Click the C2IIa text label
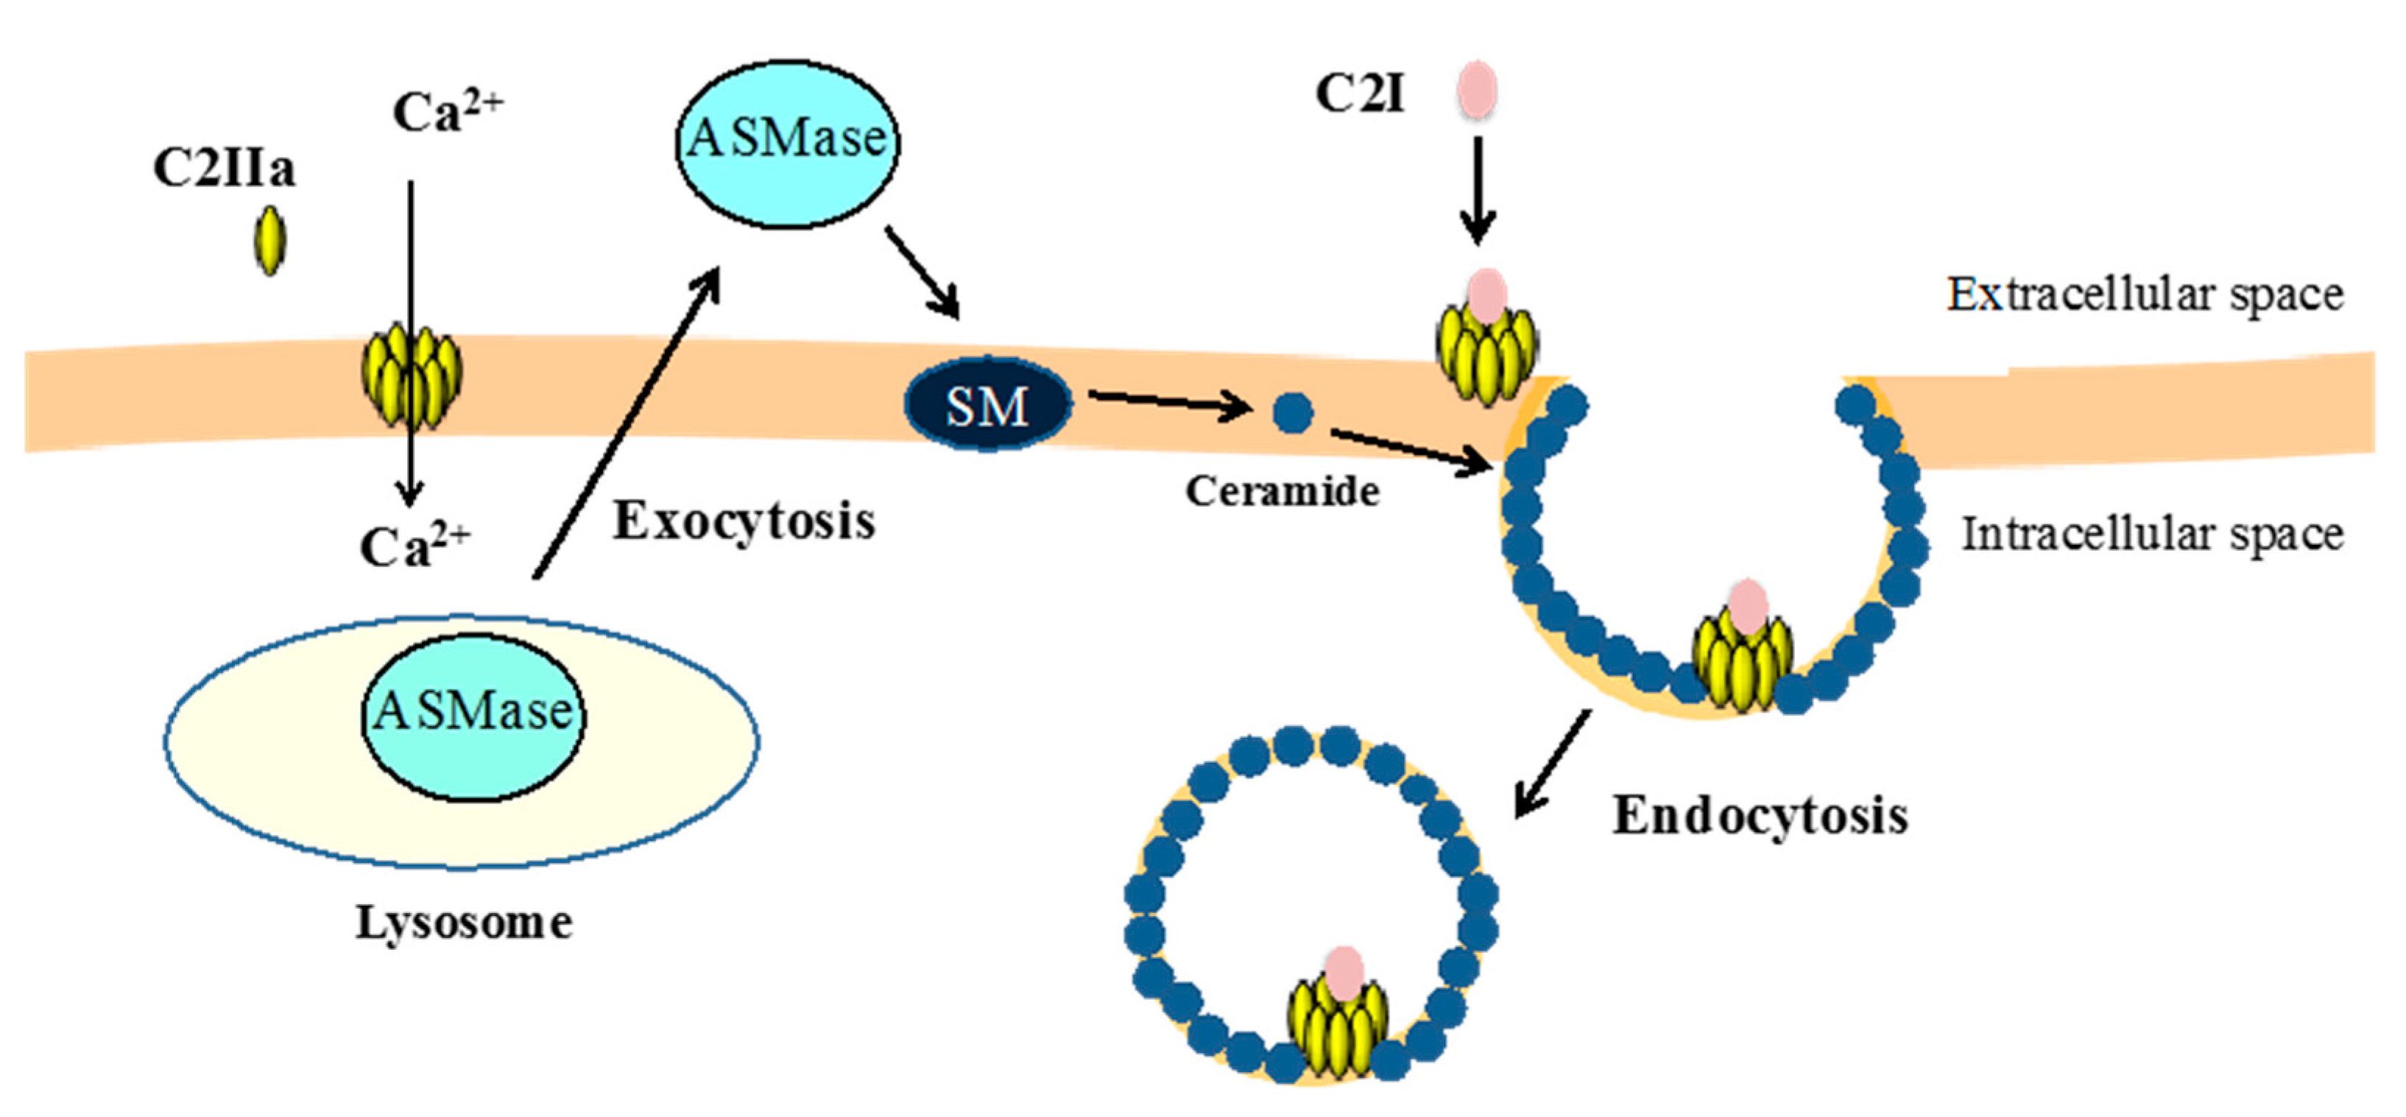(x=224, y=170)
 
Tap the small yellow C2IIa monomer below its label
(x=270, y=241)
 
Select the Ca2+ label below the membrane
(x=414, y=546)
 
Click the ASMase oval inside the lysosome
(x=473, y=716)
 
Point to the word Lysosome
(x=465, y=923)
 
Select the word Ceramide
(x=1283, y=491)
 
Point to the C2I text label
(x=1360, y=94)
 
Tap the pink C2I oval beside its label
(x=1478, y=91)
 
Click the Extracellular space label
(x=2145, y=295)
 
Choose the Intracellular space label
(x=2152, y=535)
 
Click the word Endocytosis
(x=1760, y=817)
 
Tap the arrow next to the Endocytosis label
(x=1551, y=763)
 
